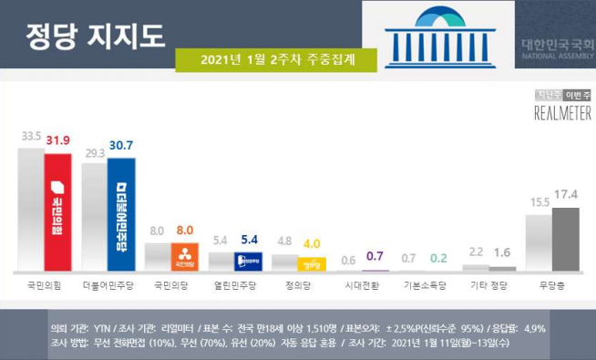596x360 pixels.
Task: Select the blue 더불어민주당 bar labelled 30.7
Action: click(x=121, y=214)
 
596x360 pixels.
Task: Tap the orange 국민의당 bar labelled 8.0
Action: click(x=185, y=256)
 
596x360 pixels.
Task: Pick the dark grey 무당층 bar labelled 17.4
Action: click(x=566, y=239)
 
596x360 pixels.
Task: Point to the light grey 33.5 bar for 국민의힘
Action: click(x=31, y=210)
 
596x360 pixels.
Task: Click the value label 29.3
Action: click(x=94, y=154)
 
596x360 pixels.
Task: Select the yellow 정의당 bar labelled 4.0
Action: click(x=312, y=264)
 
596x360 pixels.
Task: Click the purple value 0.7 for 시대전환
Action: click(x=375, y=258)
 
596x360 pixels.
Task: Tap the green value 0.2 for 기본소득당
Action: click(x=439, y=258)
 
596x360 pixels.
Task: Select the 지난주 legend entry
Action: click(x=548, y=95)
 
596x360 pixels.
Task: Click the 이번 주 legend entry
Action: click(x=578, y=95)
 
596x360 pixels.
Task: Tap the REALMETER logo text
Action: click(x=562, y=112)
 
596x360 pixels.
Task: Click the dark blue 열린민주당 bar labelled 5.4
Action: click(x=249, y=262)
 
